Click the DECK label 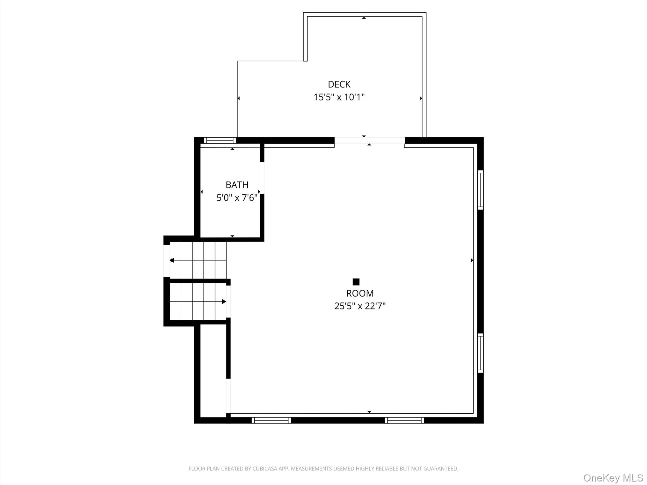tap(339, 84)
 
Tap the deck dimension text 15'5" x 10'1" tap(339, 97)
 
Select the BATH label tap(237, 185)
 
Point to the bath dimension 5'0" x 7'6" tap(237, 198)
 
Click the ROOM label tap(360, 293)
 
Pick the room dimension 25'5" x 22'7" tap(360, 306)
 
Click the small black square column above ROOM tap(356, 282)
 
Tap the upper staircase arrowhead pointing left tap(172, 260)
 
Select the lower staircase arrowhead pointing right tap(224, 302)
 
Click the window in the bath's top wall tap(220, 141)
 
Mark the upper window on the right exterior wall tap(480, 190)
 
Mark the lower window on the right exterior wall tap(480, 353)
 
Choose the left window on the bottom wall tap(271, 420)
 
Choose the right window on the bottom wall tap(404, 420)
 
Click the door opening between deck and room tap(369, 141)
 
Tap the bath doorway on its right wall tap(262, 178)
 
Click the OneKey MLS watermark tap(613, 478)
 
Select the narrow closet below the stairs tap(213, 371)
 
